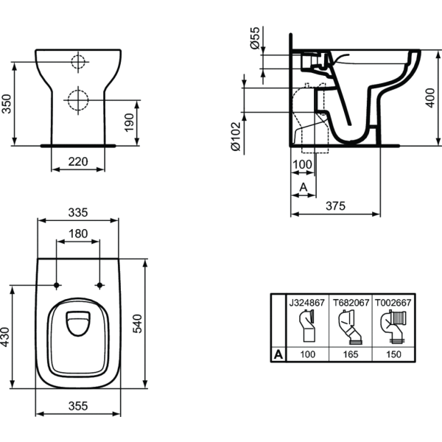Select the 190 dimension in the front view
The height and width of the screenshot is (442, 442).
point(130,124)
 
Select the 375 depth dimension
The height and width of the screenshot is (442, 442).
point(335,206)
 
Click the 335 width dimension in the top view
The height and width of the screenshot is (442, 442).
point(78,212)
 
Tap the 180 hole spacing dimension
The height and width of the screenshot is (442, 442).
point(78,234)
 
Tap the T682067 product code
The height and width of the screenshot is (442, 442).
point(348,302)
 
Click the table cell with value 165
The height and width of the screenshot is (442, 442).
point(348,354)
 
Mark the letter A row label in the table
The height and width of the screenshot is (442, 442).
point(278,354)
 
